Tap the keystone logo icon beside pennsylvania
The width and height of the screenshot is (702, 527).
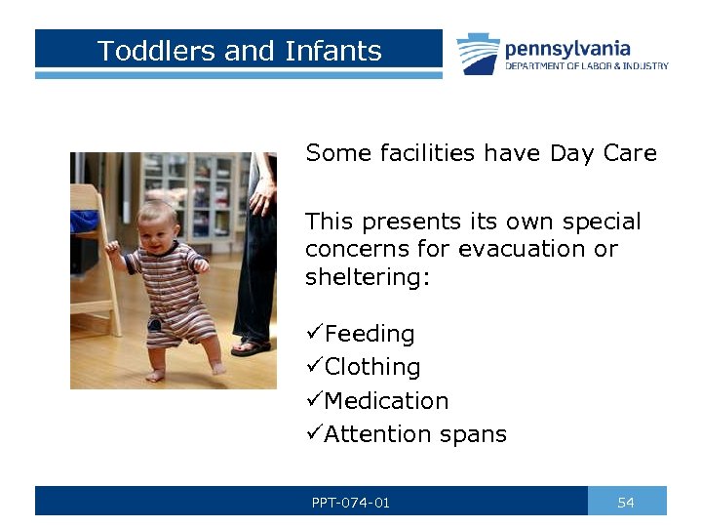click(x=478, y=54)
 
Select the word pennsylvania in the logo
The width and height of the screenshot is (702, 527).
click(x=566, y=48)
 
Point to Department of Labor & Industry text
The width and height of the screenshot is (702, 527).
click(x=586, y=66)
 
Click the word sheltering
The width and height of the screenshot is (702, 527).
click(x=367, y=276)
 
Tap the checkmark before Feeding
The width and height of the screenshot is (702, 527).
click(x=314, y=334)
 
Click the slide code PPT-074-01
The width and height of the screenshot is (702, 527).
click(x=351, y=503)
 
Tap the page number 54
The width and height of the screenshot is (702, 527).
click(x=626, y=503)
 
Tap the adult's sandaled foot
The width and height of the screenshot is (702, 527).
click(x=253, y=346)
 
